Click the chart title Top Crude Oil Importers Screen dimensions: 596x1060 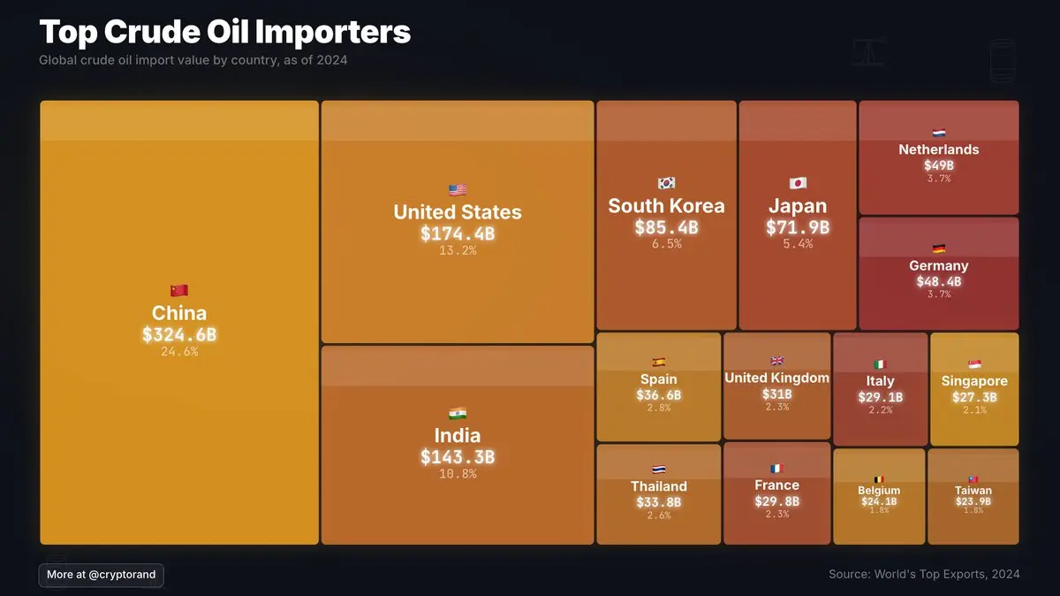225,32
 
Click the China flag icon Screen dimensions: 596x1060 179,290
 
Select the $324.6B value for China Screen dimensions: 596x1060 179,335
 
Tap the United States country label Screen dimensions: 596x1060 458,212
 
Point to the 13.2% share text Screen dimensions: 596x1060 458,250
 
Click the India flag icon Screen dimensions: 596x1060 458,413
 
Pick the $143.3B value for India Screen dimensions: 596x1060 458,457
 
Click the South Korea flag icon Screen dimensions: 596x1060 666,184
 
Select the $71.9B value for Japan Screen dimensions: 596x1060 798,227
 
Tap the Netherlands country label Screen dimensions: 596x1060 939,149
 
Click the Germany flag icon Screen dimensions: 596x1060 939,248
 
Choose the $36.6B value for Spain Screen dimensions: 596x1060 659,395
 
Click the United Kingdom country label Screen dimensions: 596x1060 776,378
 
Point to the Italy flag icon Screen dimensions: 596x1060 880,364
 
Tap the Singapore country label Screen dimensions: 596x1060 974,381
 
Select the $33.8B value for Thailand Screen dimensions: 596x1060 659,502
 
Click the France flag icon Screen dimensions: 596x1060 776,469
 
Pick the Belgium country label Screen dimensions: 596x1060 879,491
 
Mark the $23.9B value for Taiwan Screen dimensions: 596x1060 973,501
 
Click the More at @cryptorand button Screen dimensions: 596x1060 102,575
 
